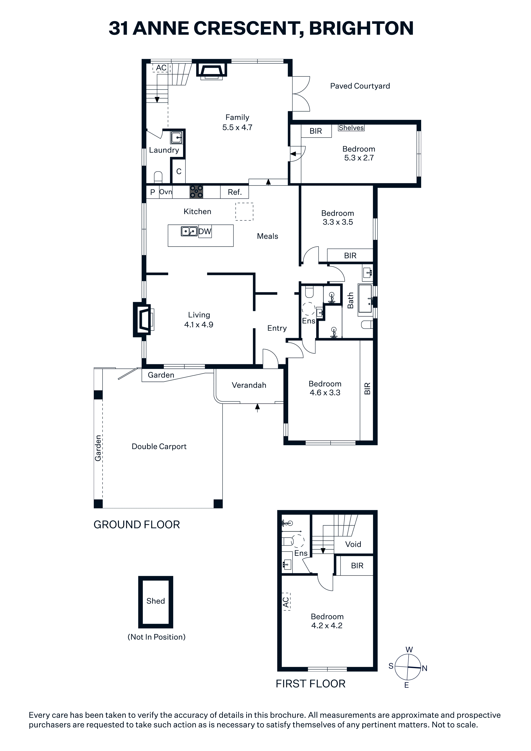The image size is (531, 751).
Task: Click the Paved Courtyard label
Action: coord(360,86)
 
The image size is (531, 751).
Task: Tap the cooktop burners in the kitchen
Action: coord(196,192)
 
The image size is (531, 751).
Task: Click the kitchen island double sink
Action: coord(189,231)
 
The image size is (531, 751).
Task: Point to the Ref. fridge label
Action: coord(235,192)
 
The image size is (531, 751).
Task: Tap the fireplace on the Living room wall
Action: coord(143,319)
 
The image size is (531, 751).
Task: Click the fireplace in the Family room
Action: coord(211,70)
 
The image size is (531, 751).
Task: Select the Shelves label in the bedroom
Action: coord(351,128)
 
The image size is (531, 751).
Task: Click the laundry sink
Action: coord(177,137)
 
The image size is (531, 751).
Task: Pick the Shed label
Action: coord(155,601)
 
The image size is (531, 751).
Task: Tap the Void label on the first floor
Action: coord(353,544)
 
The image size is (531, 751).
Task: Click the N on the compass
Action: coord(424,668)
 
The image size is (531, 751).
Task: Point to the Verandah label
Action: coord(249,385)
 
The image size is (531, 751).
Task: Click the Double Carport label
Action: coord(159,447)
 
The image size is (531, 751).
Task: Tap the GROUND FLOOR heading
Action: coord(137,525)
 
